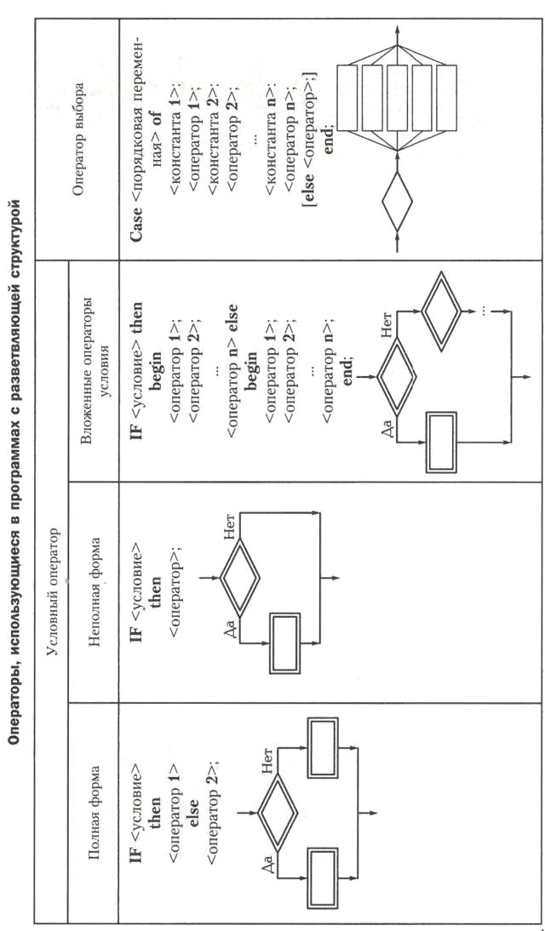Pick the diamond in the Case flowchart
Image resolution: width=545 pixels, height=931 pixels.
coord(397,202)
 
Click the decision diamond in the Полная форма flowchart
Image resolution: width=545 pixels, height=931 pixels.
coord(278,807)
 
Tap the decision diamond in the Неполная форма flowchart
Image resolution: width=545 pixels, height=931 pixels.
coord(240,576)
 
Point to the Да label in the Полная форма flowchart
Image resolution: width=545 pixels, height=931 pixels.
coord(267,860)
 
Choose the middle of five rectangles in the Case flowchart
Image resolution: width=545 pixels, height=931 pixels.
coord(397,97)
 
